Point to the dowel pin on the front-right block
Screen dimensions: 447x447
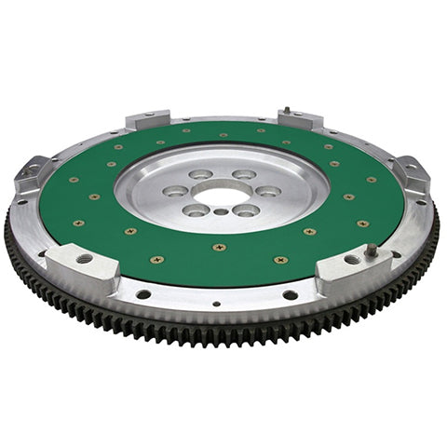pyautogui.click(x=372, y=250)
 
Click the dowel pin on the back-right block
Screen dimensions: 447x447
pyautogui.click(x=287, y=111)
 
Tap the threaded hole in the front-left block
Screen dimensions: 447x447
pyautogui.click(x=85, y=258)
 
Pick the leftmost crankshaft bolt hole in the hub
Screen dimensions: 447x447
pyautogui.click(x=174, y=191)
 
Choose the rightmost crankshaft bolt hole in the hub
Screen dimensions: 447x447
pyautogui.click(x=267, y=191)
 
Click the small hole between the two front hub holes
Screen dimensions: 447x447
pyautogui.click(x=220, y=212)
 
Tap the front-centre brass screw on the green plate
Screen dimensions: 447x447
pyautogui.click(x=219, y=248)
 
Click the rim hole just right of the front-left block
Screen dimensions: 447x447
pyautogui.click(x=143, y=294)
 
